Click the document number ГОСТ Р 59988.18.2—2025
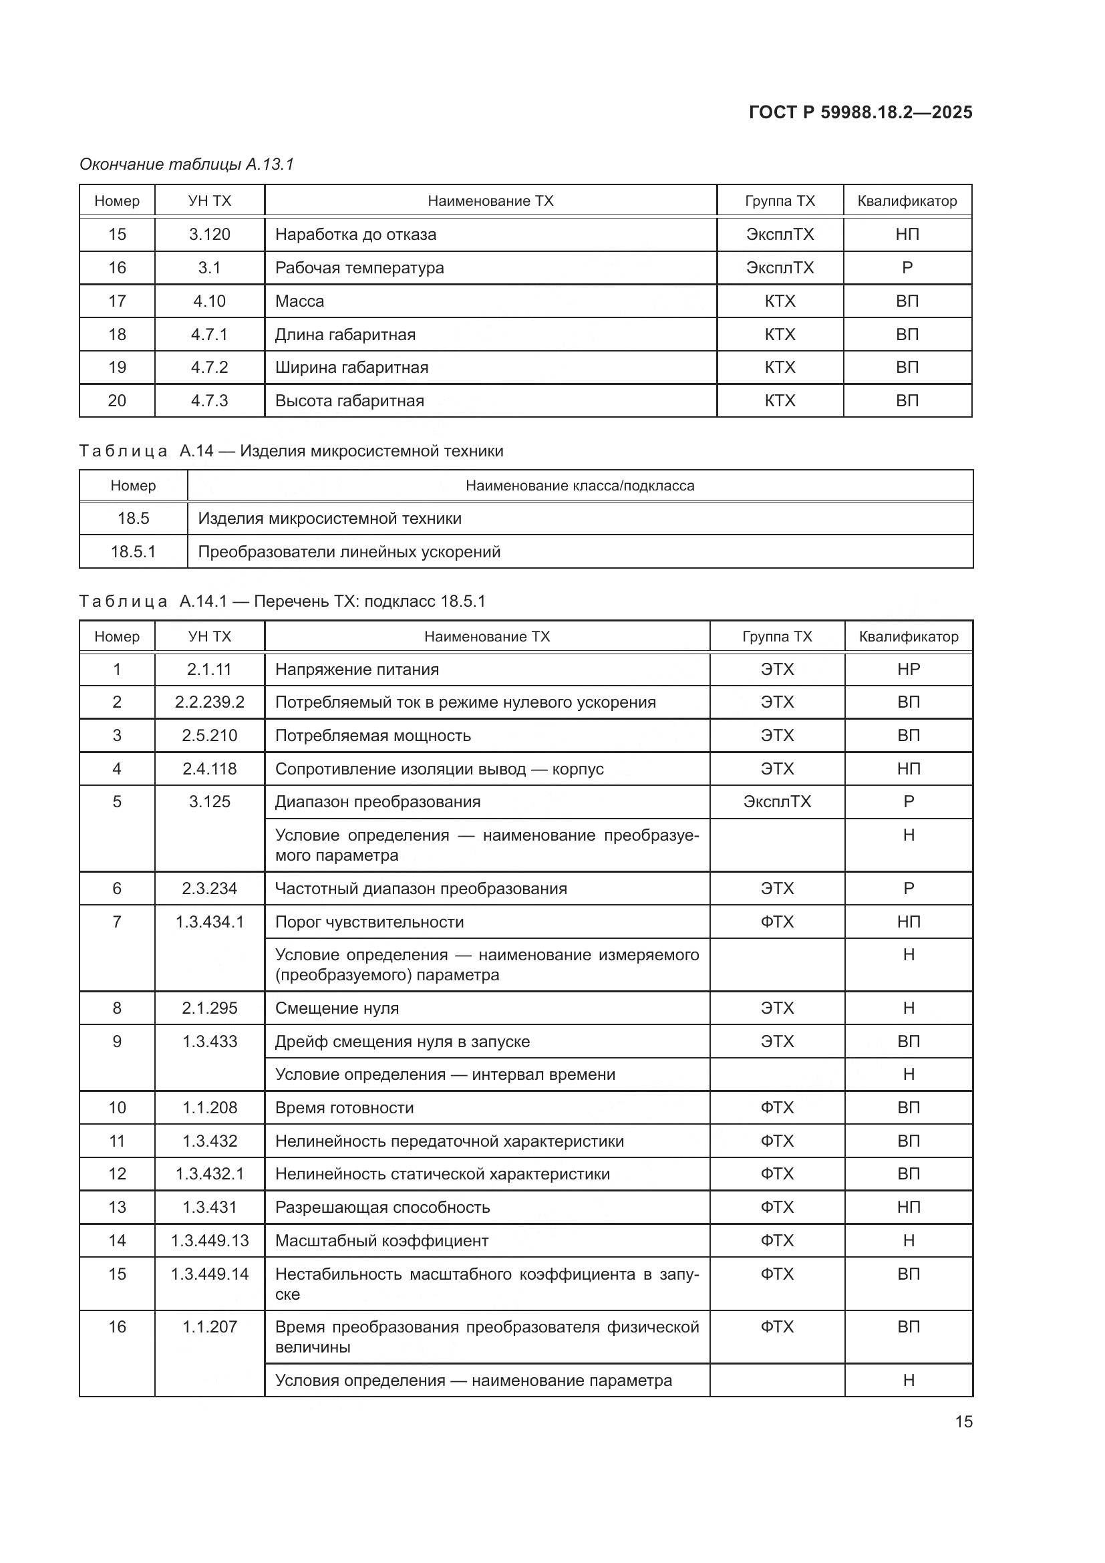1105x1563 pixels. click(x=860, y=112)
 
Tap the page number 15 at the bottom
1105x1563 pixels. click(x=963, y=1421)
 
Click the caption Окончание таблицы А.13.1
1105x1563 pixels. click(x=186, y=164)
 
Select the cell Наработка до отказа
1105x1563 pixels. click(x=355, y=234)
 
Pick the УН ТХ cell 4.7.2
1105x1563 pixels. click(x=209, y=368)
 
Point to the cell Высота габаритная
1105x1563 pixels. click(x=349, y=401)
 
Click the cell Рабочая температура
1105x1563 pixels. click(x=359, y=267)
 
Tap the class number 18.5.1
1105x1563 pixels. click(x=133, y=551)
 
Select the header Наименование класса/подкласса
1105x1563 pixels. click(x=580, y=485)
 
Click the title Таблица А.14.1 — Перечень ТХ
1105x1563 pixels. click(x=282, y=601)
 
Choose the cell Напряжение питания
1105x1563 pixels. click(x=357, y=669)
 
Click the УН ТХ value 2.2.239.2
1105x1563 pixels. click(x=209, y=702)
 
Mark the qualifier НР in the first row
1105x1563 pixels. click(x=909, y=669)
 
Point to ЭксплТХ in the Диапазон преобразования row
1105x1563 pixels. click(x=777, y=801)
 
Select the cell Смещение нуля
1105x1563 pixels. click(x=337, y=1008)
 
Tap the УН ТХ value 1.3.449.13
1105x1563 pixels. click(x=209, y=1240)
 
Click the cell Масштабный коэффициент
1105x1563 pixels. click(x=381, y=1240)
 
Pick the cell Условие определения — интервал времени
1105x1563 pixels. click(x=445, y=1075)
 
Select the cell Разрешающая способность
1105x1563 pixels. click(x=382, y=1207)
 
